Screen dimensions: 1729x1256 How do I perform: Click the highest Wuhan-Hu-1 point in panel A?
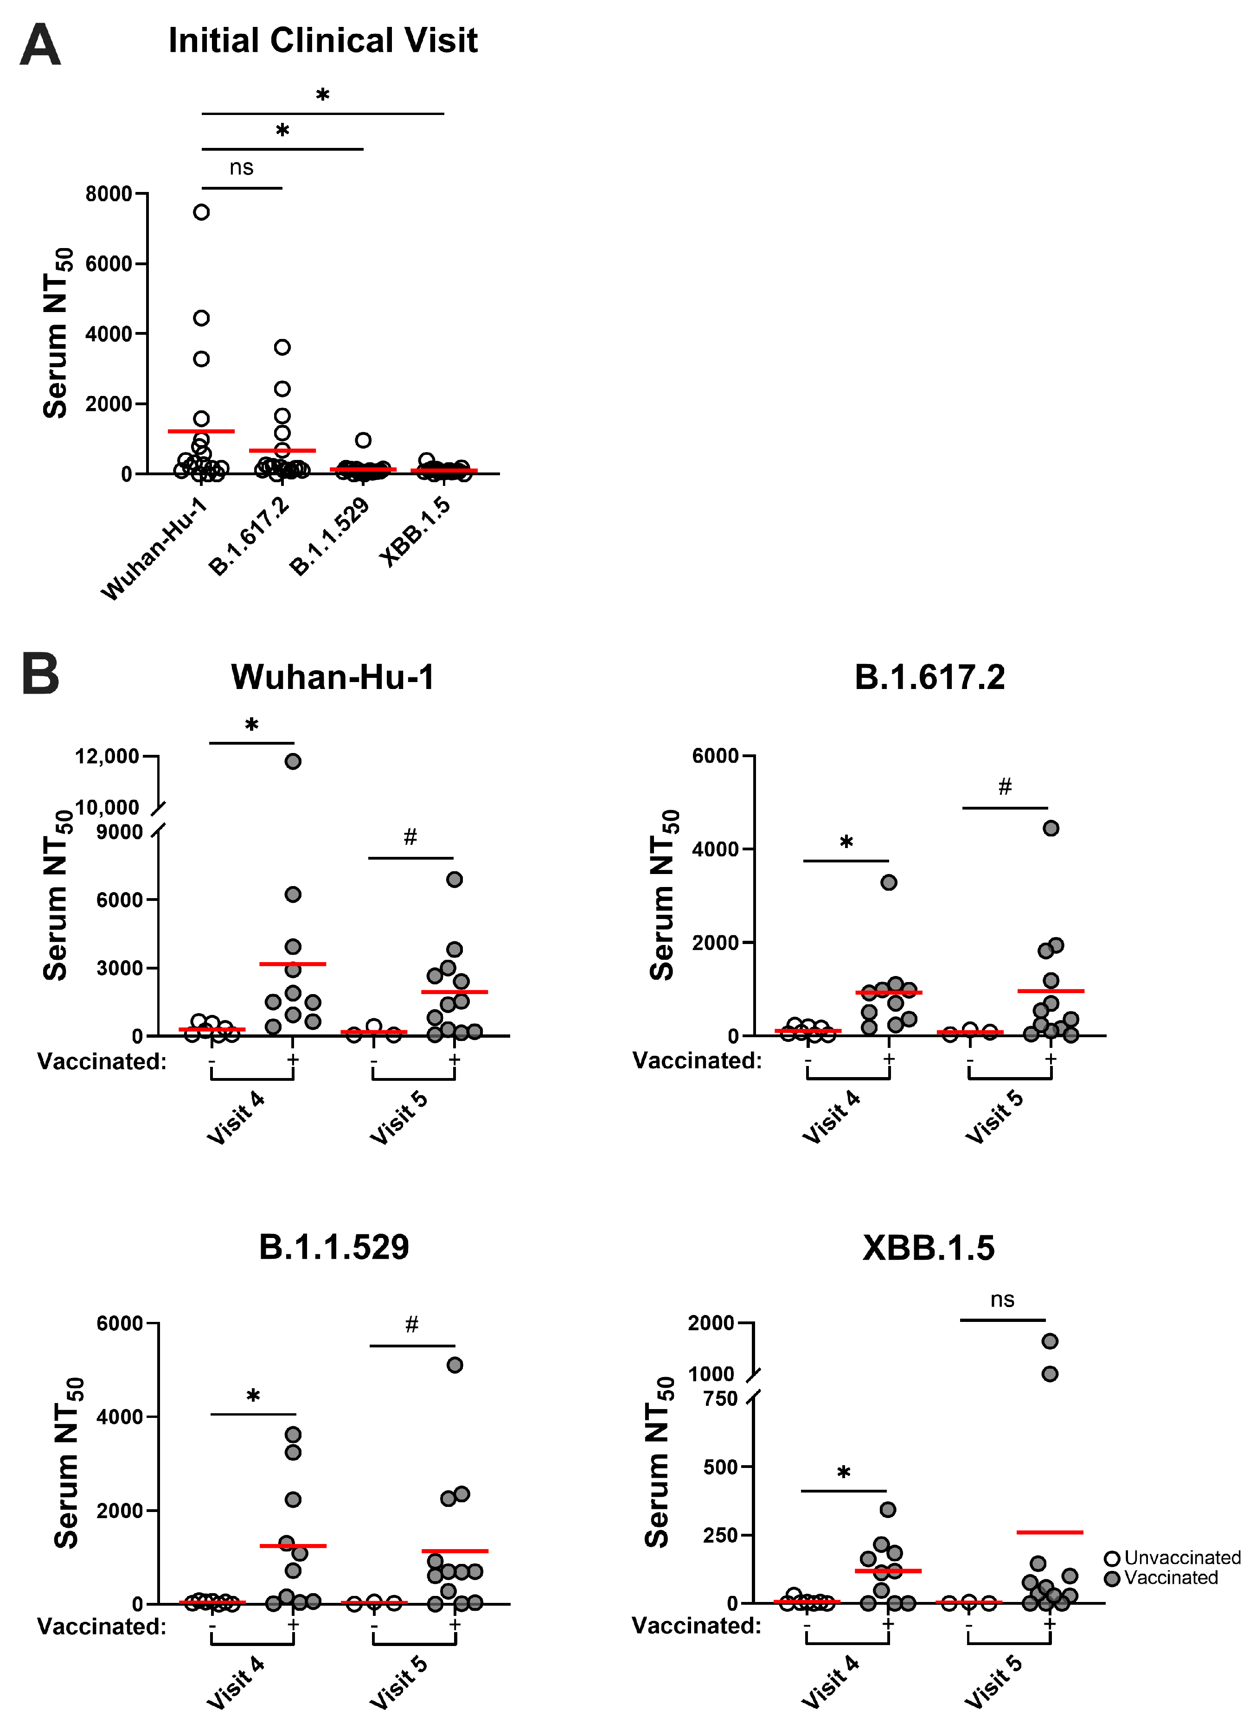tap(201, 212)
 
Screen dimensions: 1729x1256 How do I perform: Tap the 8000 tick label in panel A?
tap(109, 194)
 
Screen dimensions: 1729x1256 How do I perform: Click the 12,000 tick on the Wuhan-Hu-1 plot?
tap(108, 756)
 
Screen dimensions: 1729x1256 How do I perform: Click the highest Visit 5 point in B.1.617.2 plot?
tap(1051, 829)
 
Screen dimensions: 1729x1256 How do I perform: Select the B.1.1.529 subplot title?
tap(334, 1247)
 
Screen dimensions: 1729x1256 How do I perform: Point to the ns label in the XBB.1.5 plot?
tap(1002, 1300)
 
